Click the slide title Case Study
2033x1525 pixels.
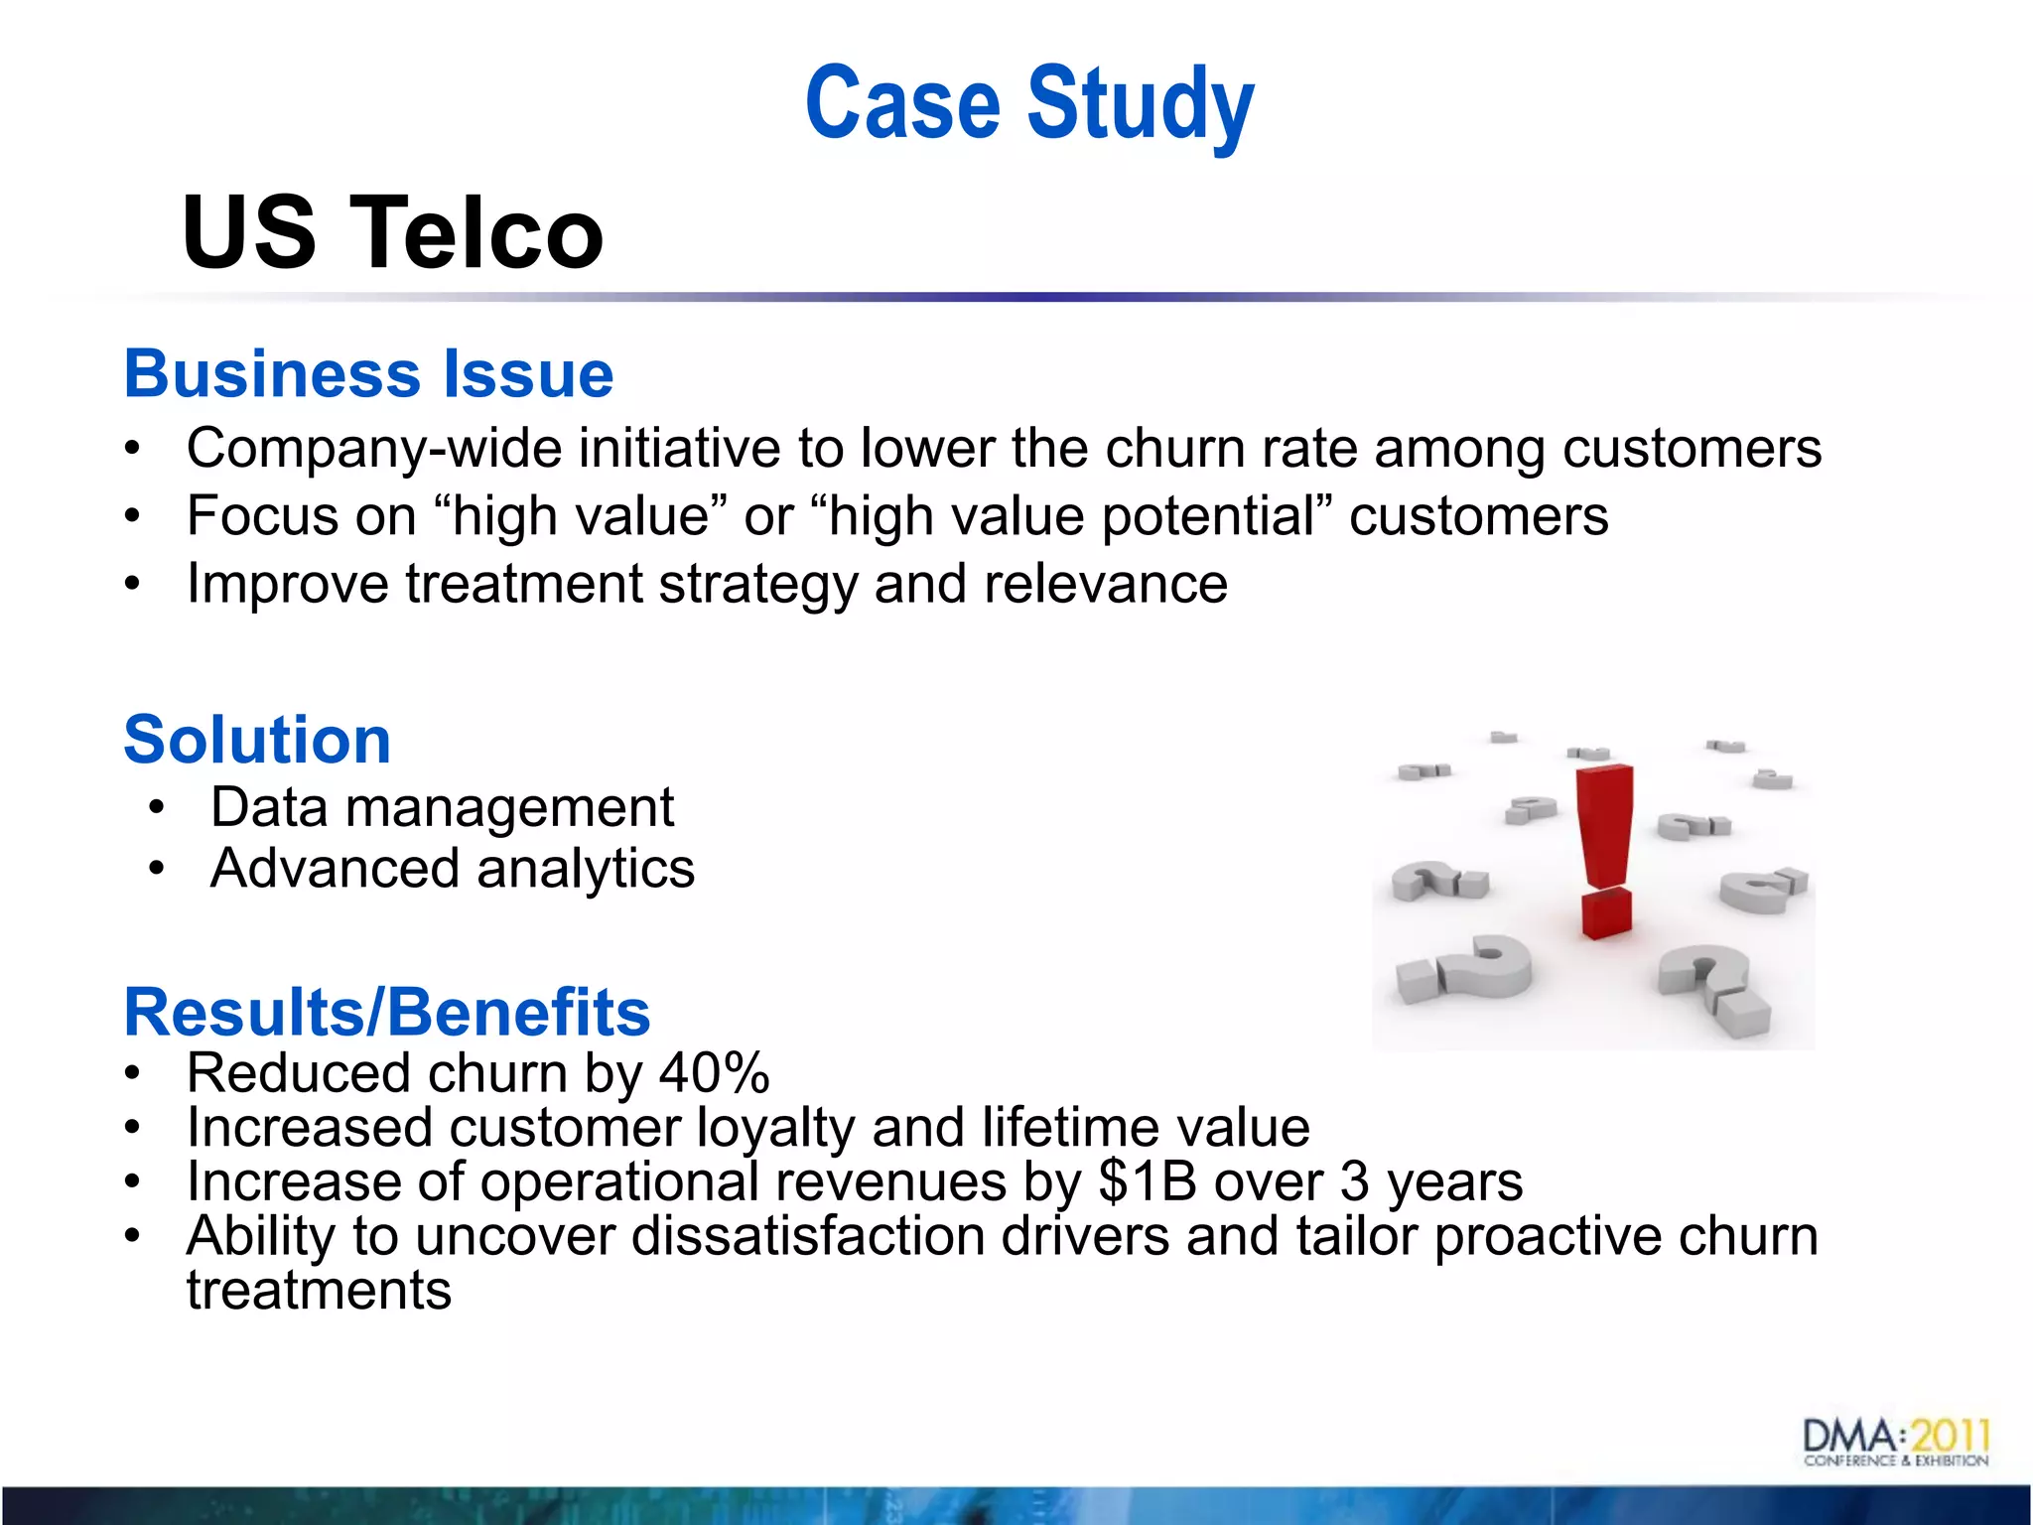tap(1029, 103)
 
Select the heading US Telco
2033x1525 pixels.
tap(393, 232)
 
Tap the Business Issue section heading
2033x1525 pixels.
tap(369, 374)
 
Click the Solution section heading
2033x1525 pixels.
tap(257, 740)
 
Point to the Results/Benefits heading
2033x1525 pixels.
tap(387, 1012)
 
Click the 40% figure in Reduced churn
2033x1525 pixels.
tap(715, 1073)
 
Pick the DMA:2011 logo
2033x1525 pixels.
tap(1896, 1442)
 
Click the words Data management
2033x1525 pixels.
tap(443, 807)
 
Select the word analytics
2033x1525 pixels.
tap(586, 869)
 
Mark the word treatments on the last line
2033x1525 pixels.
tap(319, 1291)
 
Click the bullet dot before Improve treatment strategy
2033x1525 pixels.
tap(133, 584)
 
